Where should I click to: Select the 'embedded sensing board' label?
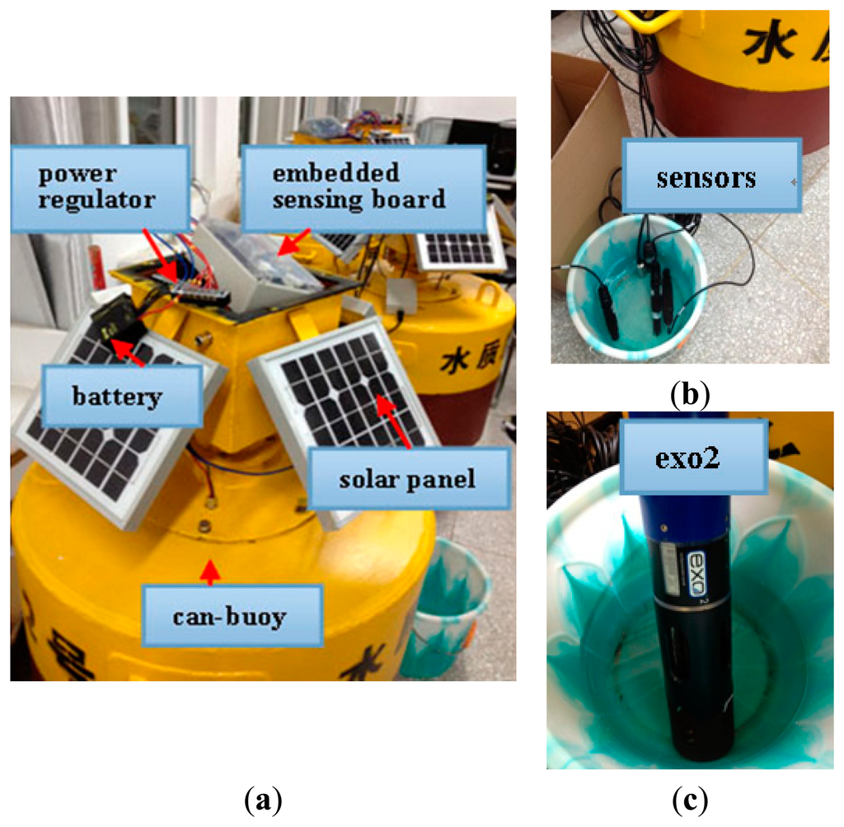[x=362, y=186]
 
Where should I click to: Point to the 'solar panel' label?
[x=407, y=478]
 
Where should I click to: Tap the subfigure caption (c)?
[x=689, y=798]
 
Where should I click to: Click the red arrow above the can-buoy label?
[x=212, y=571]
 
